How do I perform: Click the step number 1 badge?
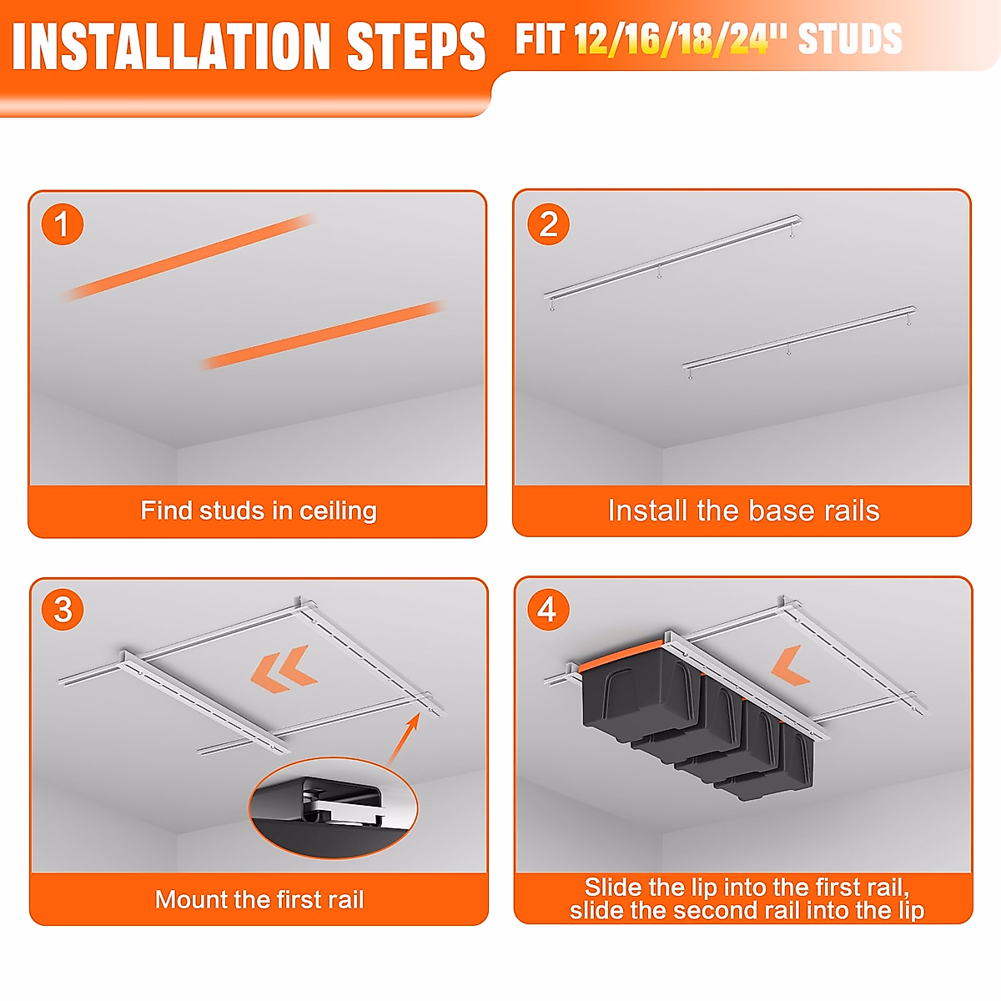click(x=63, y=224)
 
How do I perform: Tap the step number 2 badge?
click(x=549, y=224)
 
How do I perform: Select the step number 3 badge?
click(x=63, y=609)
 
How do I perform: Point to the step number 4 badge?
click(x=548, y=609)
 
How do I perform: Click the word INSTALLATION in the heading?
click(x=172, y=47)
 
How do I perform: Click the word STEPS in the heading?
click(x=415, y=47)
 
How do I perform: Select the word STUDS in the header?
click(x=850, y=39)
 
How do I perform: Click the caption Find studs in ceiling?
click(x=259, y=511)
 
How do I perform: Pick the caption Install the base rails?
click(x=744, y=511)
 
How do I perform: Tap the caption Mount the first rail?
click(x=259, y=899)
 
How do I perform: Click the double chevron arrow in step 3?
click(x=284, y=668)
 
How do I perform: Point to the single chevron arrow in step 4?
click(x=791, y=666)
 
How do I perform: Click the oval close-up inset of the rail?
click(x=334, y=807)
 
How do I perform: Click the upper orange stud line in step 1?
click(x=189, y=257)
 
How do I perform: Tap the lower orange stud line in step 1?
click(x=322, y=335)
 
